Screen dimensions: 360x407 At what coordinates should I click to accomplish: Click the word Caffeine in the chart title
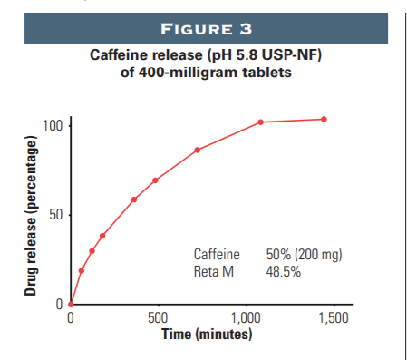point(121,56)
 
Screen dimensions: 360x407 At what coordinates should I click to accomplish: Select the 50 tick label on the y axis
point(55,215)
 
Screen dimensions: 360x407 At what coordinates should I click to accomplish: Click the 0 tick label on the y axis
point(59,305)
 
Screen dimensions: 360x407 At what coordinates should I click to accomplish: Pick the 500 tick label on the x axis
point(158,319)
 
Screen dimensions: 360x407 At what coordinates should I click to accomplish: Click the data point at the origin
point(71,305)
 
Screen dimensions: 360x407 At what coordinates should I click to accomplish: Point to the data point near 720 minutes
point(197,150)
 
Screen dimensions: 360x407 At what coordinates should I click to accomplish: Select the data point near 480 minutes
point(155,180)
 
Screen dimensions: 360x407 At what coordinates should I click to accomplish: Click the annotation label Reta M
point(215,270)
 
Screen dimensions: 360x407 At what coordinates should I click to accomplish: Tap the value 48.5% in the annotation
point(283,270)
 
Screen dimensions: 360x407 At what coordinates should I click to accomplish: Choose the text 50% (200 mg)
point(303,255)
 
